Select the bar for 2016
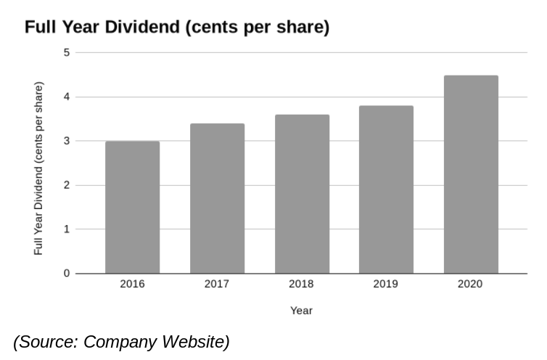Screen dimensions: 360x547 pyautogui.click(x=132, y=208)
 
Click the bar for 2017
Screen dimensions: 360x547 pyautogui.click(x=217, y=199)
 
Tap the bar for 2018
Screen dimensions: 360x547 pyautogui.click(x=302, y=195)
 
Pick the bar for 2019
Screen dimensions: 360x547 pyautogui.click(x=386, y=190)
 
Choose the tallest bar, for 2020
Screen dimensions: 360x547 pyautogui.click(x=471, y=174)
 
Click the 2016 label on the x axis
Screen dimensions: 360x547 pyautogui.click(x=132, y=284)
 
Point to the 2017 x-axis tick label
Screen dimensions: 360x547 pyautogui.click(x=217, y=284)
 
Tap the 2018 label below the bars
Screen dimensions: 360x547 pyautogui.click(x=302, y=284)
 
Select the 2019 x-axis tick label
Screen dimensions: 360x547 pyautogui.click(x=386, y=284)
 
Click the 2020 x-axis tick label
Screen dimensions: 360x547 pyautogui.click(x=471, y=284)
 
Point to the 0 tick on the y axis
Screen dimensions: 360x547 pyautogui.click(x=67, y=274)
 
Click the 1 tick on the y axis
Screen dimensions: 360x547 pyautogui.click(x=67, y=229)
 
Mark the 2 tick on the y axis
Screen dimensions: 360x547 pyautogui.click(x=67, y=185)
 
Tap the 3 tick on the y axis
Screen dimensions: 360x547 pyautogui.click(x=67, y=141)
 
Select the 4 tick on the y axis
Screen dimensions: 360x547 pyautogui.click(x=67, y=97)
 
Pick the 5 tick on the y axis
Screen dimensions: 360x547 pyautogui.click(x=67, y=52)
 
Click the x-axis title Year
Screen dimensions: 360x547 pyautogui.click(x=301, y=311)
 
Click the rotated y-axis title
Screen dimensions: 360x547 pyautogui.click(x=38, y=168)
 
